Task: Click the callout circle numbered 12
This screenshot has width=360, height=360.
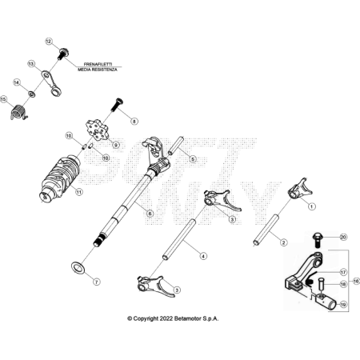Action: click(x=49, y=42)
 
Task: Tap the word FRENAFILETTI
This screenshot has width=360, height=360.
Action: click(x=98, y=64)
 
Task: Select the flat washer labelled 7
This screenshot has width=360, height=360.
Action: click(x=78, y=267)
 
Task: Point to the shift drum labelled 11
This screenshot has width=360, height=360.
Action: click(x=59, y=177)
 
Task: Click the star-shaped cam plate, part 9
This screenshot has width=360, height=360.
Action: click(x=97, y=130)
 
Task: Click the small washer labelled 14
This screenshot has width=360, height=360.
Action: click(x=32, y=94)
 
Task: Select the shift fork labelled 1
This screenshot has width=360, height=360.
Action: click(x=300, y=189)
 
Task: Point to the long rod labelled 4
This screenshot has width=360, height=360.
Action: click(x=180, y=239)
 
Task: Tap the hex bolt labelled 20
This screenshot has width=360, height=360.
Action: click(x=318, y=240)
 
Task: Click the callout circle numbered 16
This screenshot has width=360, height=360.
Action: click(x=356, y=281)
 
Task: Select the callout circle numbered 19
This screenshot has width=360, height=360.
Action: click(x=343, y=304)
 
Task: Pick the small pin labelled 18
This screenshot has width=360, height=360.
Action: click(x=322, y=285)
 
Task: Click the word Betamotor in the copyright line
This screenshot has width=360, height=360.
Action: click(x=186, y=318)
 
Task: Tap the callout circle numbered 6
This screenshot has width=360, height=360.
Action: click(x=150, y=214)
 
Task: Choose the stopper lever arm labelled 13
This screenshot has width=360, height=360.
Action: click(x=52, y=83)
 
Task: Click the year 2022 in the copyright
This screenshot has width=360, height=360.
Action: click(x=166, y=318)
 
